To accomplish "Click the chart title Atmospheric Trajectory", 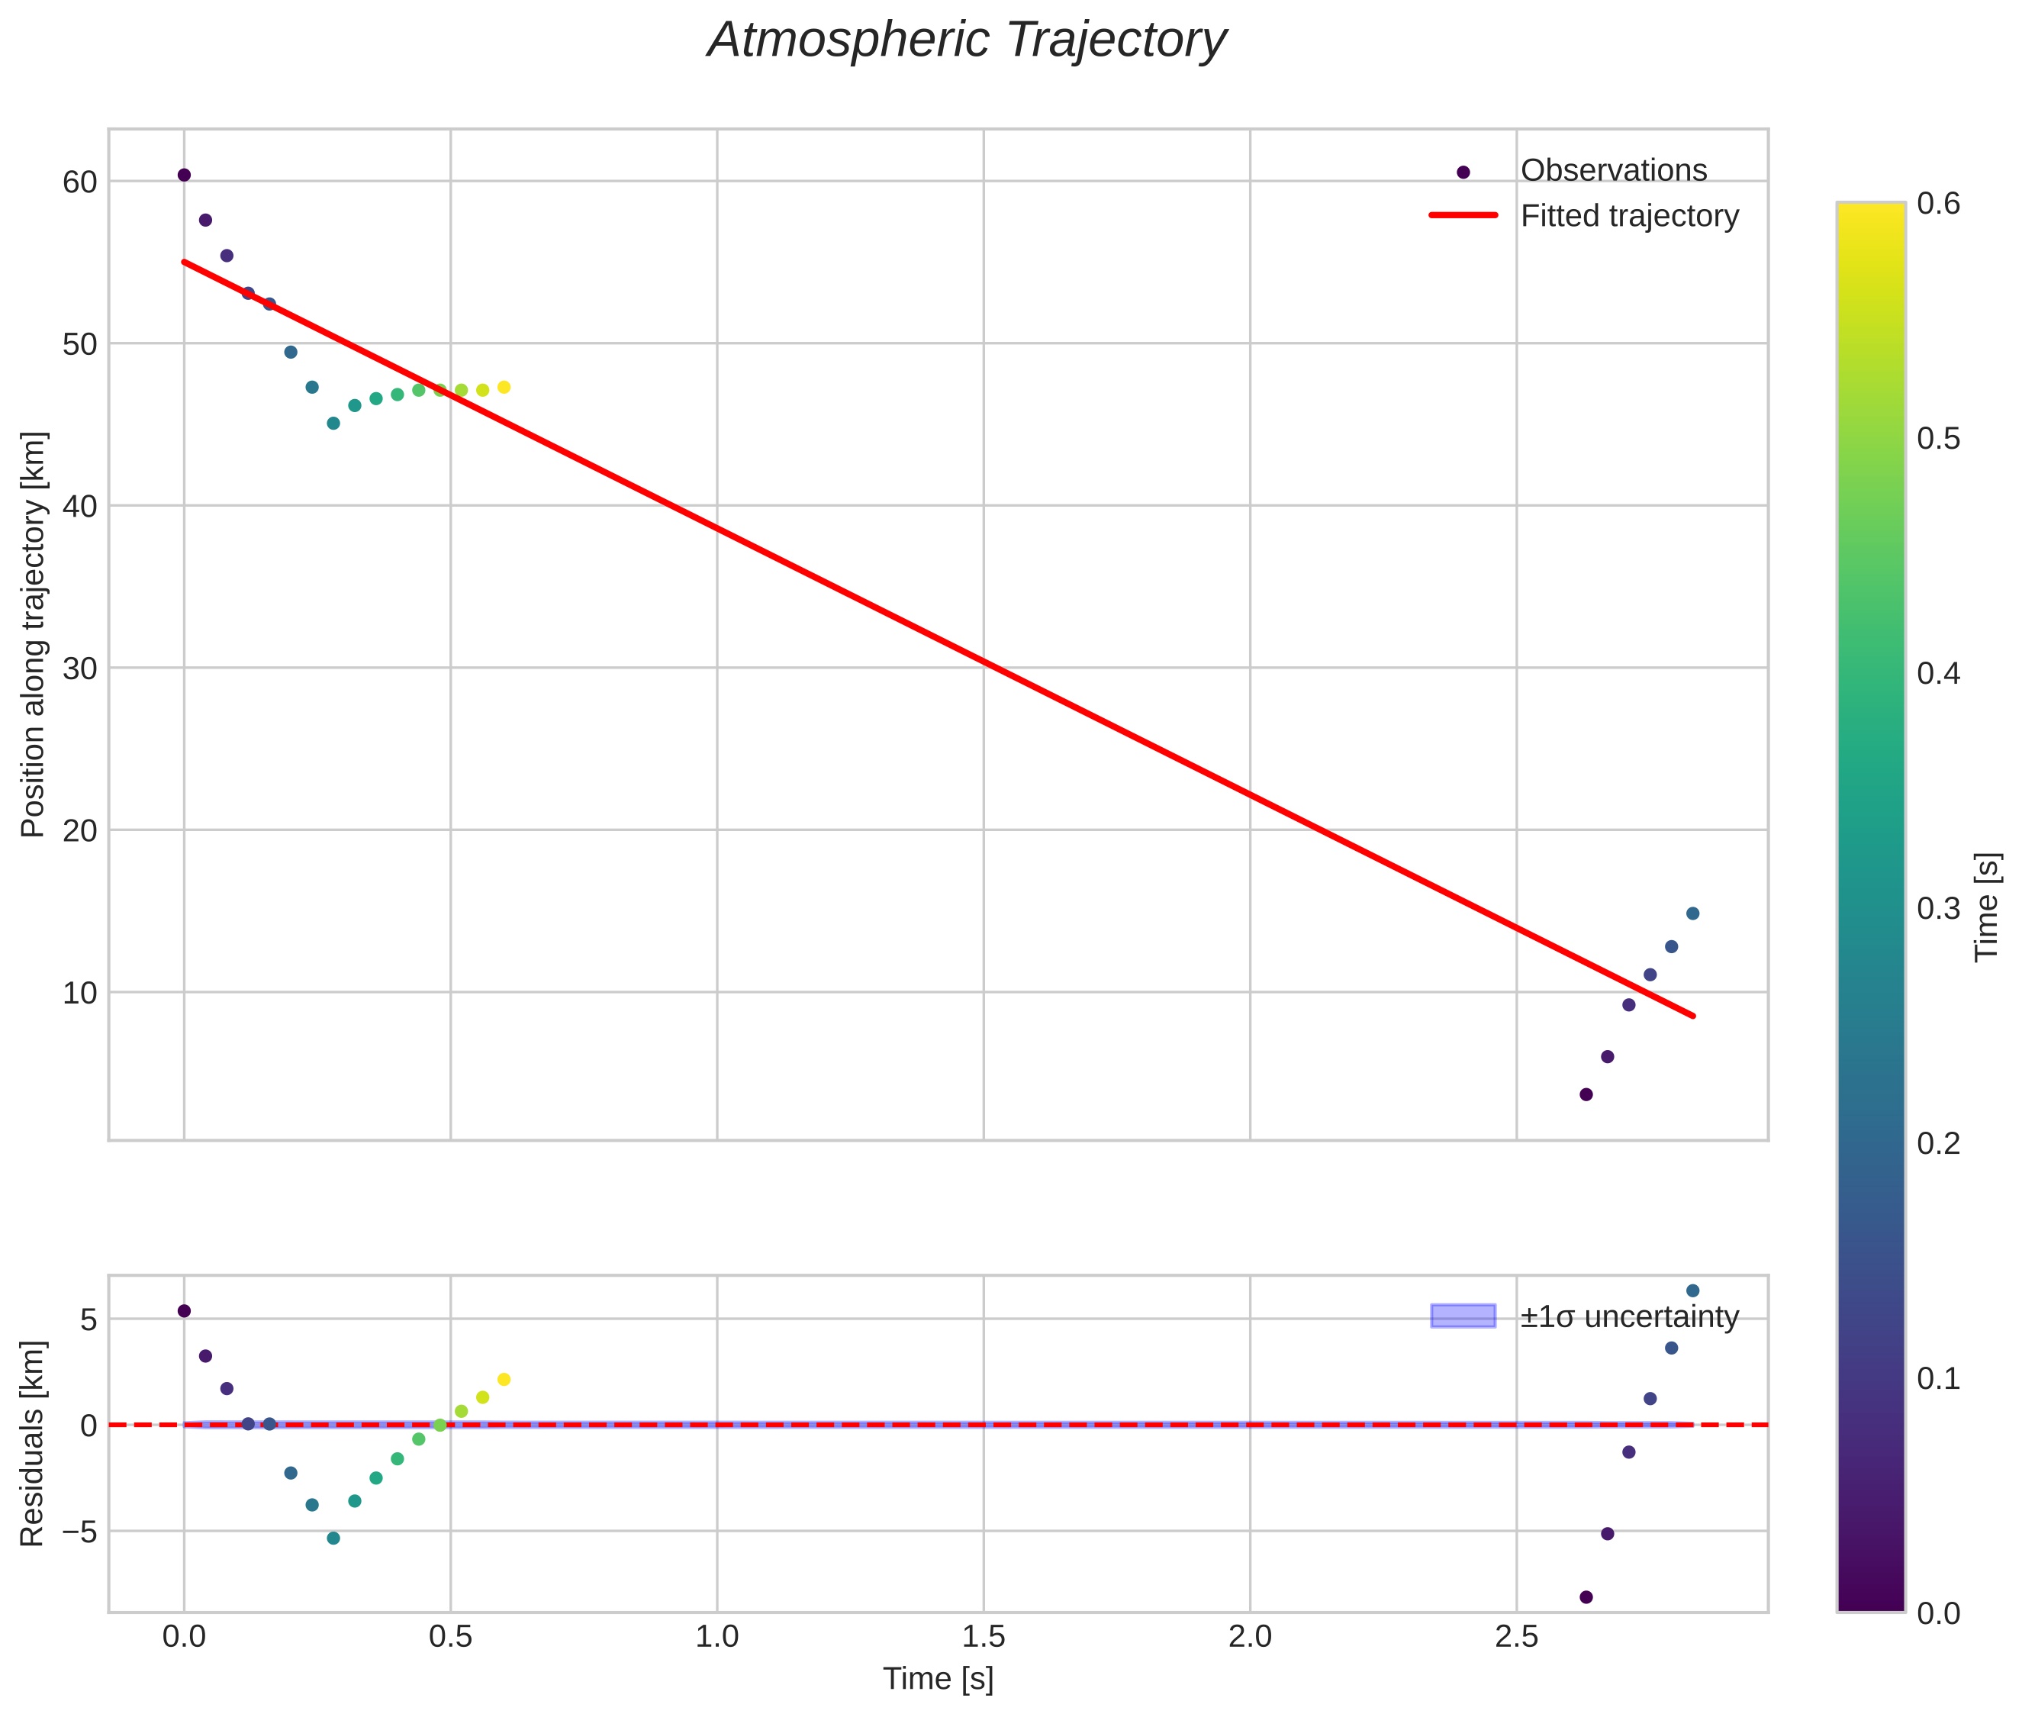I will tap(967, 40).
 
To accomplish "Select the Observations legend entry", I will tap(1613, 170).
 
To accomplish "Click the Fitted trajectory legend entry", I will tap(1628, 216).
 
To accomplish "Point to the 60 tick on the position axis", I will tap(79, 182).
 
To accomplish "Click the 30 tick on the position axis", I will tap(79, 669).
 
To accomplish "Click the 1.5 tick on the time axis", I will tap(984, 1637).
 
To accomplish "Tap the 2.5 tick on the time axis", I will tap(1516, 1637).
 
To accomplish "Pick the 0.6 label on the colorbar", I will tap(1938, 203).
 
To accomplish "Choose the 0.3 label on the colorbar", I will tap(1938, 908).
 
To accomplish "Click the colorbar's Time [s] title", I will tap(1988, 907).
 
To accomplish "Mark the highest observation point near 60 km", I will tap(184, 175).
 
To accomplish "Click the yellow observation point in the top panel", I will tap(504, 388).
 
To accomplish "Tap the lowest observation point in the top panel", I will tap(1586, 1094).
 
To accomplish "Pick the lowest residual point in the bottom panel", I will tap(1586, 1596).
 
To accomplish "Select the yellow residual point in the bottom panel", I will tap(504, 1380).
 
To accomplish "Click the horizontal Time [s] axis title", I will tap(938, 1679).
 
